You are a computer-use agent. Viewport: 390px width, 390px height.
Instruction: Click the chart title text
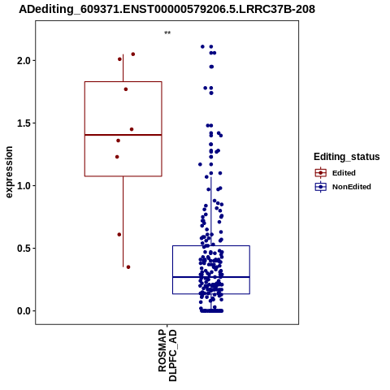tap(167, 9)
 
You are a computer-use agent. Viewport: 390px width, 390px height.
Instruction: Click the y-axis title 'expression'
tap(9, 172)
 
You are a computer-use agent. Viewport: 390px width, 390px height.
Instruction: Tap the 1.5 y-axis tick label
tap(24, 123)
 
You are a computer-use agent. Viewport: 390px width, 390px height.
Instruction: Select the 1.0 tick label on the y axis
tap(24, 186)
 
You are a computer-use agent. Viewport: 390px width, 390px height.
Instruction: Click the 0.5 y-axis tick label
tap(24, 249)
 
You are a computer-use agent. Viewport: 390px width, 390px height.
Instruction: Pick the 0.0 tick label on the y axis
tap(24, 311)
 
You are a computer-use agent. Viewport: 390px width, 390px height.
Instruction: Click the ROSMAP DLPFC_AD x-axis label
tap(167, 355)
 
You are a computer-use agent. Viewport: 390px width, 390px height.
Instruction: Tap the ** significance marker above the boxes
tap(167, 33)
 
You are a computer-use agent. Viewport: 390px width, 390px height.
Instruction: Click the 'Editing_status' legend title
tap(347, 157)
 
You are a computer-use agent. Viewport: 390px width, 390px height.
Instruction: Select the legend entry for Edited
tap(336, 173)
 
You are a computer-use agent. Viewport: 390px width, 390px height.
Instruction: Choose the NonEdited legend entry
tap(343, 187)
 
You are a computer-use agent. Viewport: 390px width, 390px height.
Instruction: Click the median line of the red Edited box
tap(123, 135)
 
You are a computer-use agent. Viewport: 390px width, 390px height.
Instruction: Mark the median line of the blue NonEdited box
tap(211, 277)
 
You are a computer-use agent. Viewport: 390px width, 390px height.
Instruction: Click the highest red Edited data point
tap(133, 54)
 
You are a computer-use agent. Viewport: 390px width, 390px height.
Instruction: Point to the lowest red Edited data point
tap(128, 267)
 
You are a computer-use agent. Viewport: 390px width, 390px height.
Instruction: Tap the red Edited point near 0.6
tap(119, 235)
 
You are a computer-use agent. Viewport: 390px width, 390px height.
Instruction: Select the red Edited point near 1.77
tap(126, 89)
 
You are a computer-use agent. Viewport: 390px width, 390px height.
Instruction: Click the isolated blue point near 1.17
tap(200, 164)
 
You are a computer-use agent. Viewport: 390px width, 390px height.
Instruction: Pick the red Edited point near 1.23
tap(117, 157)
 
